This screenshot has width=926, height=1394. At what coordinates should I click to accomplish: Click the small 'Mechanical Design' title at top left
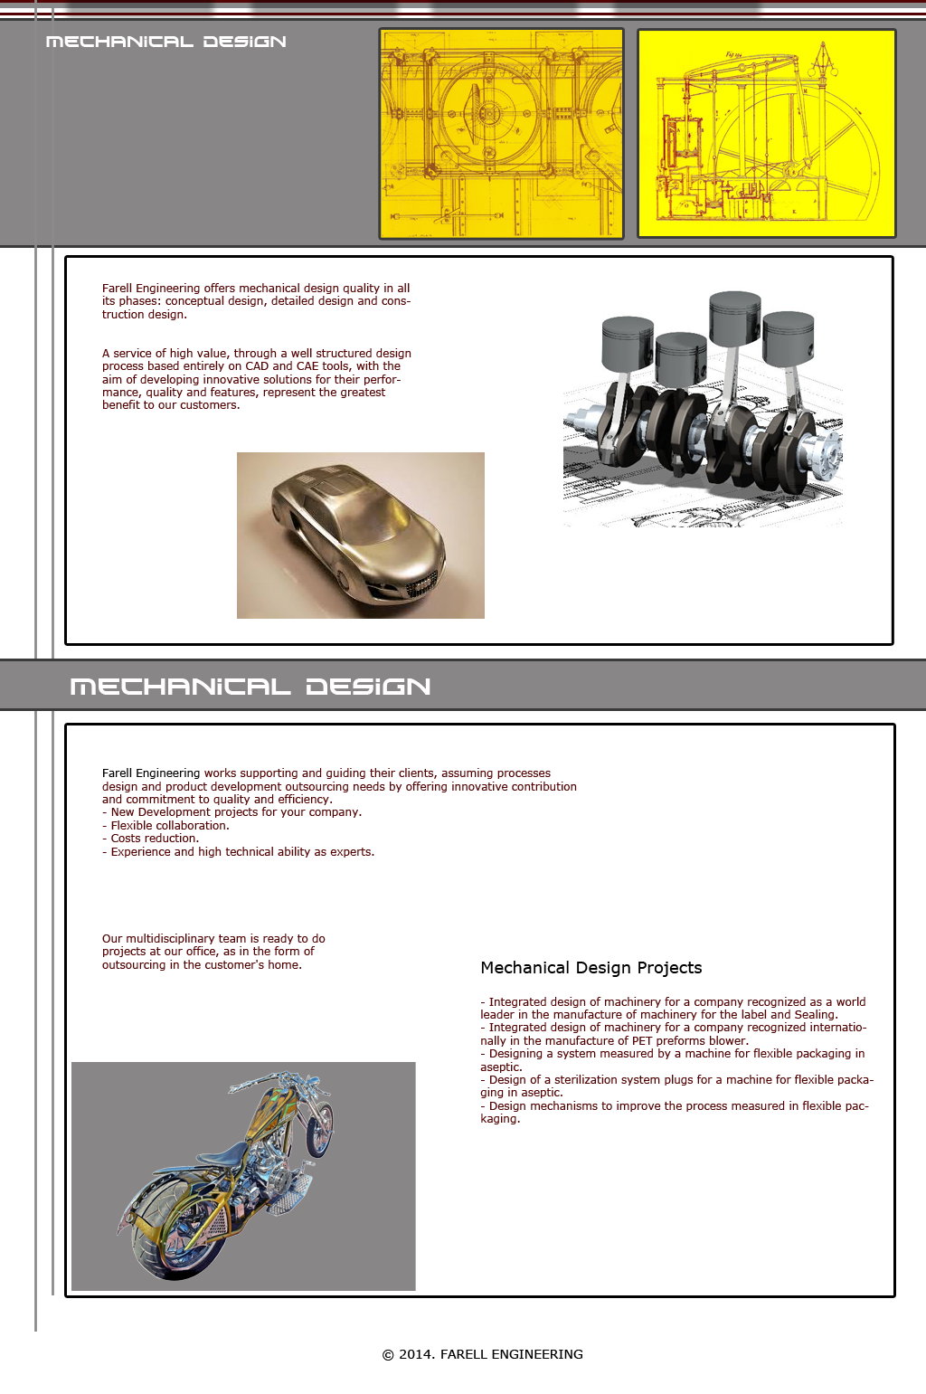tap(165, 42)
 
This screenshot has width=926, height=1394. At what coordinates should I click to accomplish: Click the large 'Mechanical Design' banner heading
tap(250, 687)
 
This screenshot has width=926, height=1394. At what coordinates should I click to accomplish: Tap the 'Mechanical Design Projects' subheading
tap(591, 968)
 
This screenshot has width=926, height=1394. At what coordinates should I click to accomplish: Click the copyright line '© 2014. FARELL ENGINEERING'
tap(482, 1354)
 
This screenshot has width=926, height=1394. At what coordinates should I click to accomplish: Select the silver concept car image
tap(360, 535)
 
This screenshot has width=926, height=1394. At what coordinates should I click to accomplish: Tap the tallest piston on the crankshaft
tap(734, 318)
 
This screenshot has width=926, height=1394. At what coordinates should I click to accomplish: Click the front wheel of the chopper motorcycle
tap(319, 1127)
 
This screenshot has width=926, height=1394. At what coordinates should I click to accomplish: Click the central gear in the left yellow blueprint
tap(488, 114)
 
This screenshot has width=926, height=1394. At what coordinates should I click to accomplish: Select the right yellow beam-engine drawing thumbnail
tap(766, 133)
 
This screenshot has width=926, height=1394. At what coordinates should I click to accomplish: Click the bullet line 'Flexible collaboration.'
tap(169, 826)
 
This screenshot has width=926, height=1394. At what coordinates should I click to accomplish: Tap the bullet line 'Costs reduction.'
tap(154, 839)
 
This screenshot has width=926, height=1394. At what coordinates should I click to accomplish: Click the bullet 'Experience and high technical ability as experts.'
tap(241, 852)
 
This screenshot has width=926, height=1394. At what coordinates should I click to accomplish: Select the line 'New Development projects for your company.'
tap(235, 812)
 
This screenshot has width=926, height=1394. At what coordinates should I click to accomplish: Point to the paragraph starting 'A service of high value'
tap(256, 379)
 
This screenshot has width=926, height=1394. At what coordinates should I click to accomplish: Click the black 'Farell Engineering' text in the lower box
tap(151, 773)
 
